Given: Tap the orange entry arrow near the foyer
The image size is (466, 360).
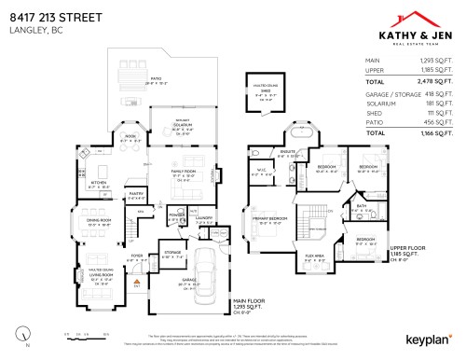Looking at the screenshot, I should click(136, 279).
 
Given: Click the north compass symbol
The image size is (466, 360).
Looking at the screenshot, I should click(21, 331).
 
